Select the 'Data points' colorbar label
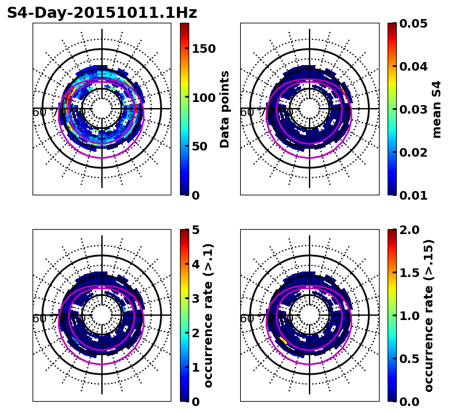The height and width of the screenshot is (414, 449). pyautogui.click(x=225, y=109)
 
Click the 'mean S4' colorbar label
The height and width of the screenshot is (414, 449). pyautogui.click(x=437, y=109)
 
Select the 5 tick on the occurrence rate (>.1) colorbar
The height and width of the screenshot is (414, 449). pyautogui.click(x=196, y=230)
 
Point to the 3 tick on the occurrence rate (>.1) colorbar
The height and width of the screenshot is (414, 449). pyautogui.click(x=196, y=299)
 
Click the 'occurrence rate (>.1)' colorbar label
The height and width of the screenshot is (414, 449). pyautogui.click(x=208, y=315)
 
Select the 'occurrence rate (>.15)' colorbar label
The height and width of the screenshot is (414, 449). pyautogui.click(x=429, y=315)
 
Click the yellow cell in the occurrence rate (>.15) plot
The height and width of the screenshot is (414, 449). pyautogui.click(x=283, y=338)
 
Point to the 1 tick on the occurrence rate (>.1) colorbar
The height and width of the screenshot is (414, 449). pyautogui.click(x=196, y=367)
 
